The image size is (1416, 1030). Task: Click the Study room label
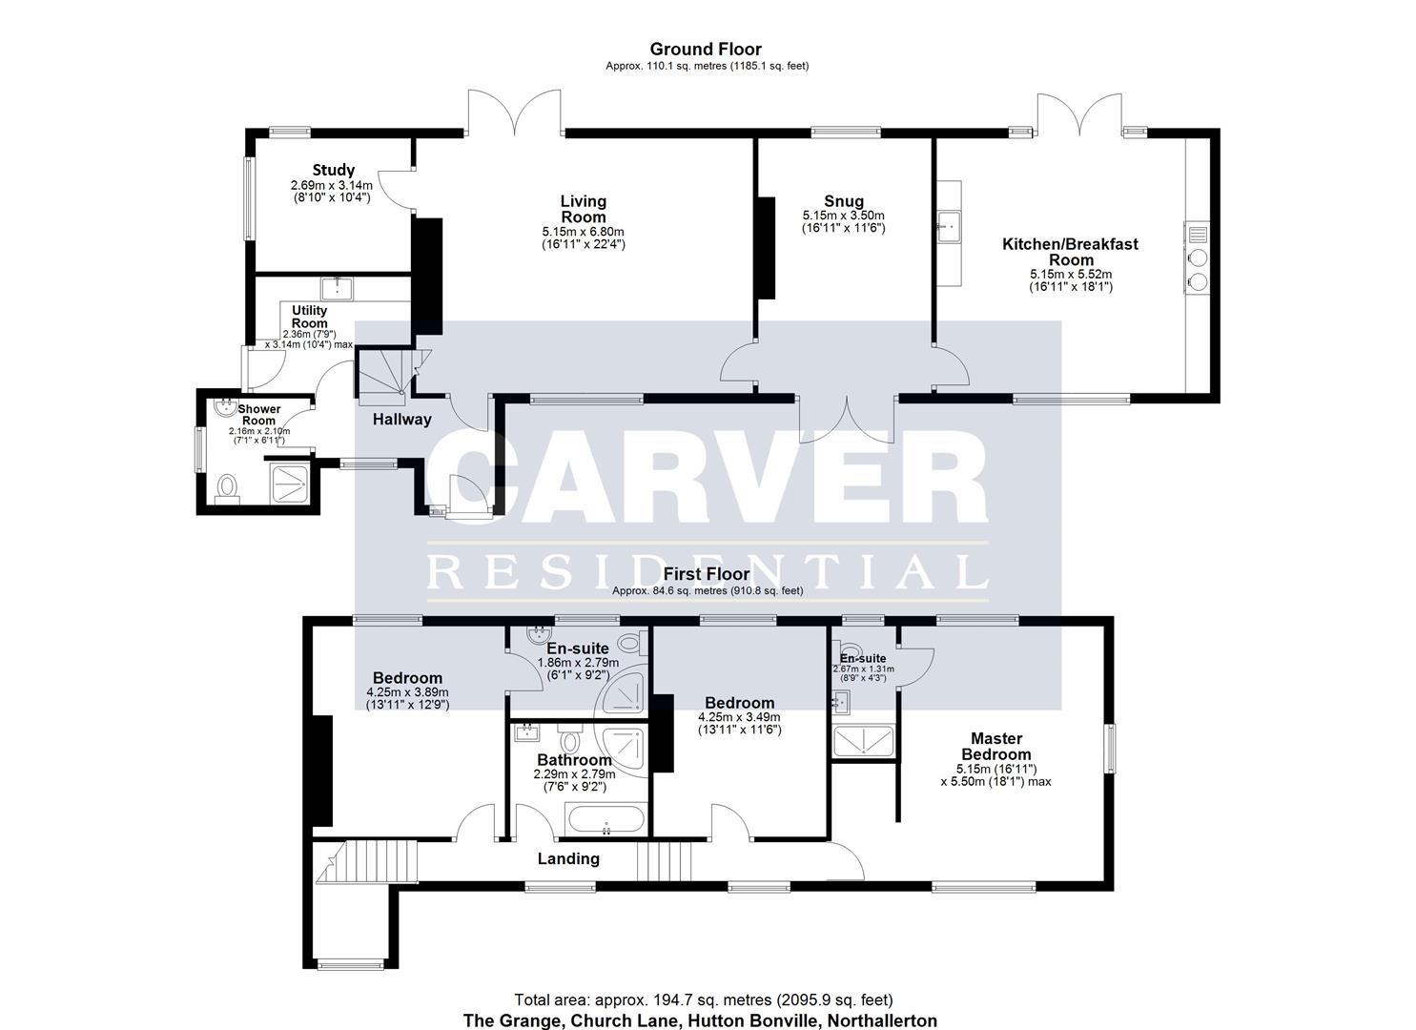click(x=333, y=171)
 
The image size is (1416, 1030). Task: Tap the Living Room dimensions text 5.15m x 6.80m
click(x=583, y=232)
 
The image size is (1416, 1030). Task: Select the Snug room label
click(x=844, y=201)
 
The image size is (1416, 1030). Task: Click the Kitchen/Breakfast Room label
click(x=1069, y=252)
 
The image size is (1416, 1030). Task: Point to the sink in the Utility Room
click(x=337, y=288)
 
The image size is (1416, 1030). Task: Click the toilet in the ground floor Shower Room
click(x=227, y=487)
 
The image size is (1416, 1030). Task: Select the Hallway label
click(x=401, y=419)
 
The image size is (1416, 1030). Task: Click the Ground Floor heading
click(x=707, y=49)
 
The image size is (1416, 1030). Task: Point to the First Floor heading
click(x=707, y=574)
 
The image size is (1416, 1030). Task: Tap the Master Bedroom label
click(x=995, y=746)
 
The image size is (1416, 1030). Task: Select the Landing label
click(x=568, y=858)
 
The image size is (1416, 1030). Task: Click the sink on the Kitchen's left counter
click(x=948, y=227)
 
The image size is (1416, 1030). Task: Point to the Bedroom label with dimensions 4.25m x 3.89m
click(x=407, y=678)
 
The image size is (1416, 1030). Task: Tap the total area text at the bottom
click(x=703, y=999)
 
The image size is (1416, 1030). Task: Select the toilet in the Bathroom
click(x=571, y=740)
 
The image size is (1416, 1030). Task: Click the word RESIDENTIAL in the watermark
click(x=707, y=572)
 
